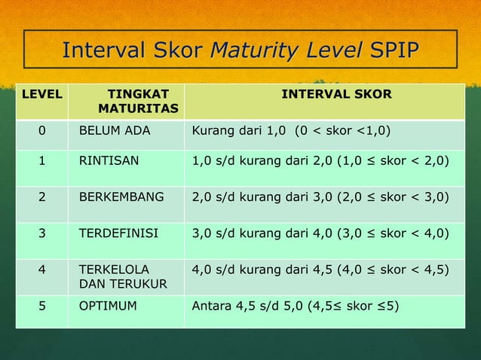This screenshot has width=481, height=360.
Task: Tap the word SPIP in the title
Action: [x=394, y=50]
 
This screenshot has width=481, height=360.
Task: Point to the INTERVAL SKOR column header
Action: [x=336, y=95]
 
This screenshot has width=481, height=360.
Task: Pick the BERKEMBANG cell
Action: [x=121, y=197]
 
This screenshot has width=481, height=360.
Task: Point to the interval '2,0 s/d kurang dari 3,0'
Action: [x=320, y=197]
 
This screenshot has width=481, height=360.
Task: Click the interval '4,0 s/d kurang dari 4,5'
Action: [x=320, y=269]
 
